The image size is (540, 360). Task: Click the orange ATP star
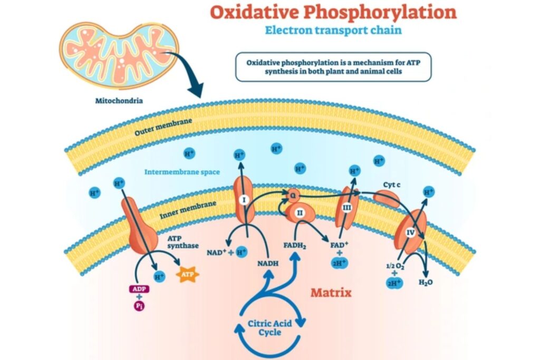(x=187, y=274)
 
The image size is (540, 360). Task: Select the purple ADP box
(x=139, y=289)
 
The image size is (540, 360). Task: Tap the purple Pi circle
(x=139, y=306)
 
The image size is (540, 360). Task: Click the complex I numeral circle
(x=244, y=200)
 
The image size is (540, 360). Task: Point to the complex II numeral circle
(x=300, y=213)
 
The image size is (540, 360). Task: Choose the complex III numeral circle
(x=347, y=208)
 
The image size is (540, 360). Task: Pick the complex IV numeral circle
(x=410, y=233)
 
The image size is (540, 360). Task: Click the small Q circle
(x=293, y=196)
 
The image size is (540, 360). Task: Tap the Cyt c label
(x=392, y=185)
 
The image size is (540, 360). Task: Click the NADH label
(x=267, y=264)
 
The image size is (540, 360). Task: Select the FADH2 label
(x=295, y=246)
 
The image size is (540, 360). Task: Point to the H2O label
(x=426, y=283)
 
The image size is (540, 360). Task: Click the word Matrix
(x=331, y=293)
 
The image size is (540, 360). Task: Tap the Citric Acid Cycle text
(x=269, y=328)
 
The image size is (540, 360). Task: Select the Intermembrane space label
(x=182, y=172)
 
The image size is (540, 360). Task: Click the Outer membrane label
(x=163, y=127)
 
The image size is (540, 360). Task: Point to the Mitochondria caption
(x=119, y=101)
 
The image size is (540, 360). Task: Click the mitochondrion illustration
(x=119, y=54)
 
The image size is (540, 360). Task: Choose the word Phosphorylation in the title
(x=380, y=13)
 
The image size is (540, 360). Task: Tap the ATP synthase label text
(x=183, y=242)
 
